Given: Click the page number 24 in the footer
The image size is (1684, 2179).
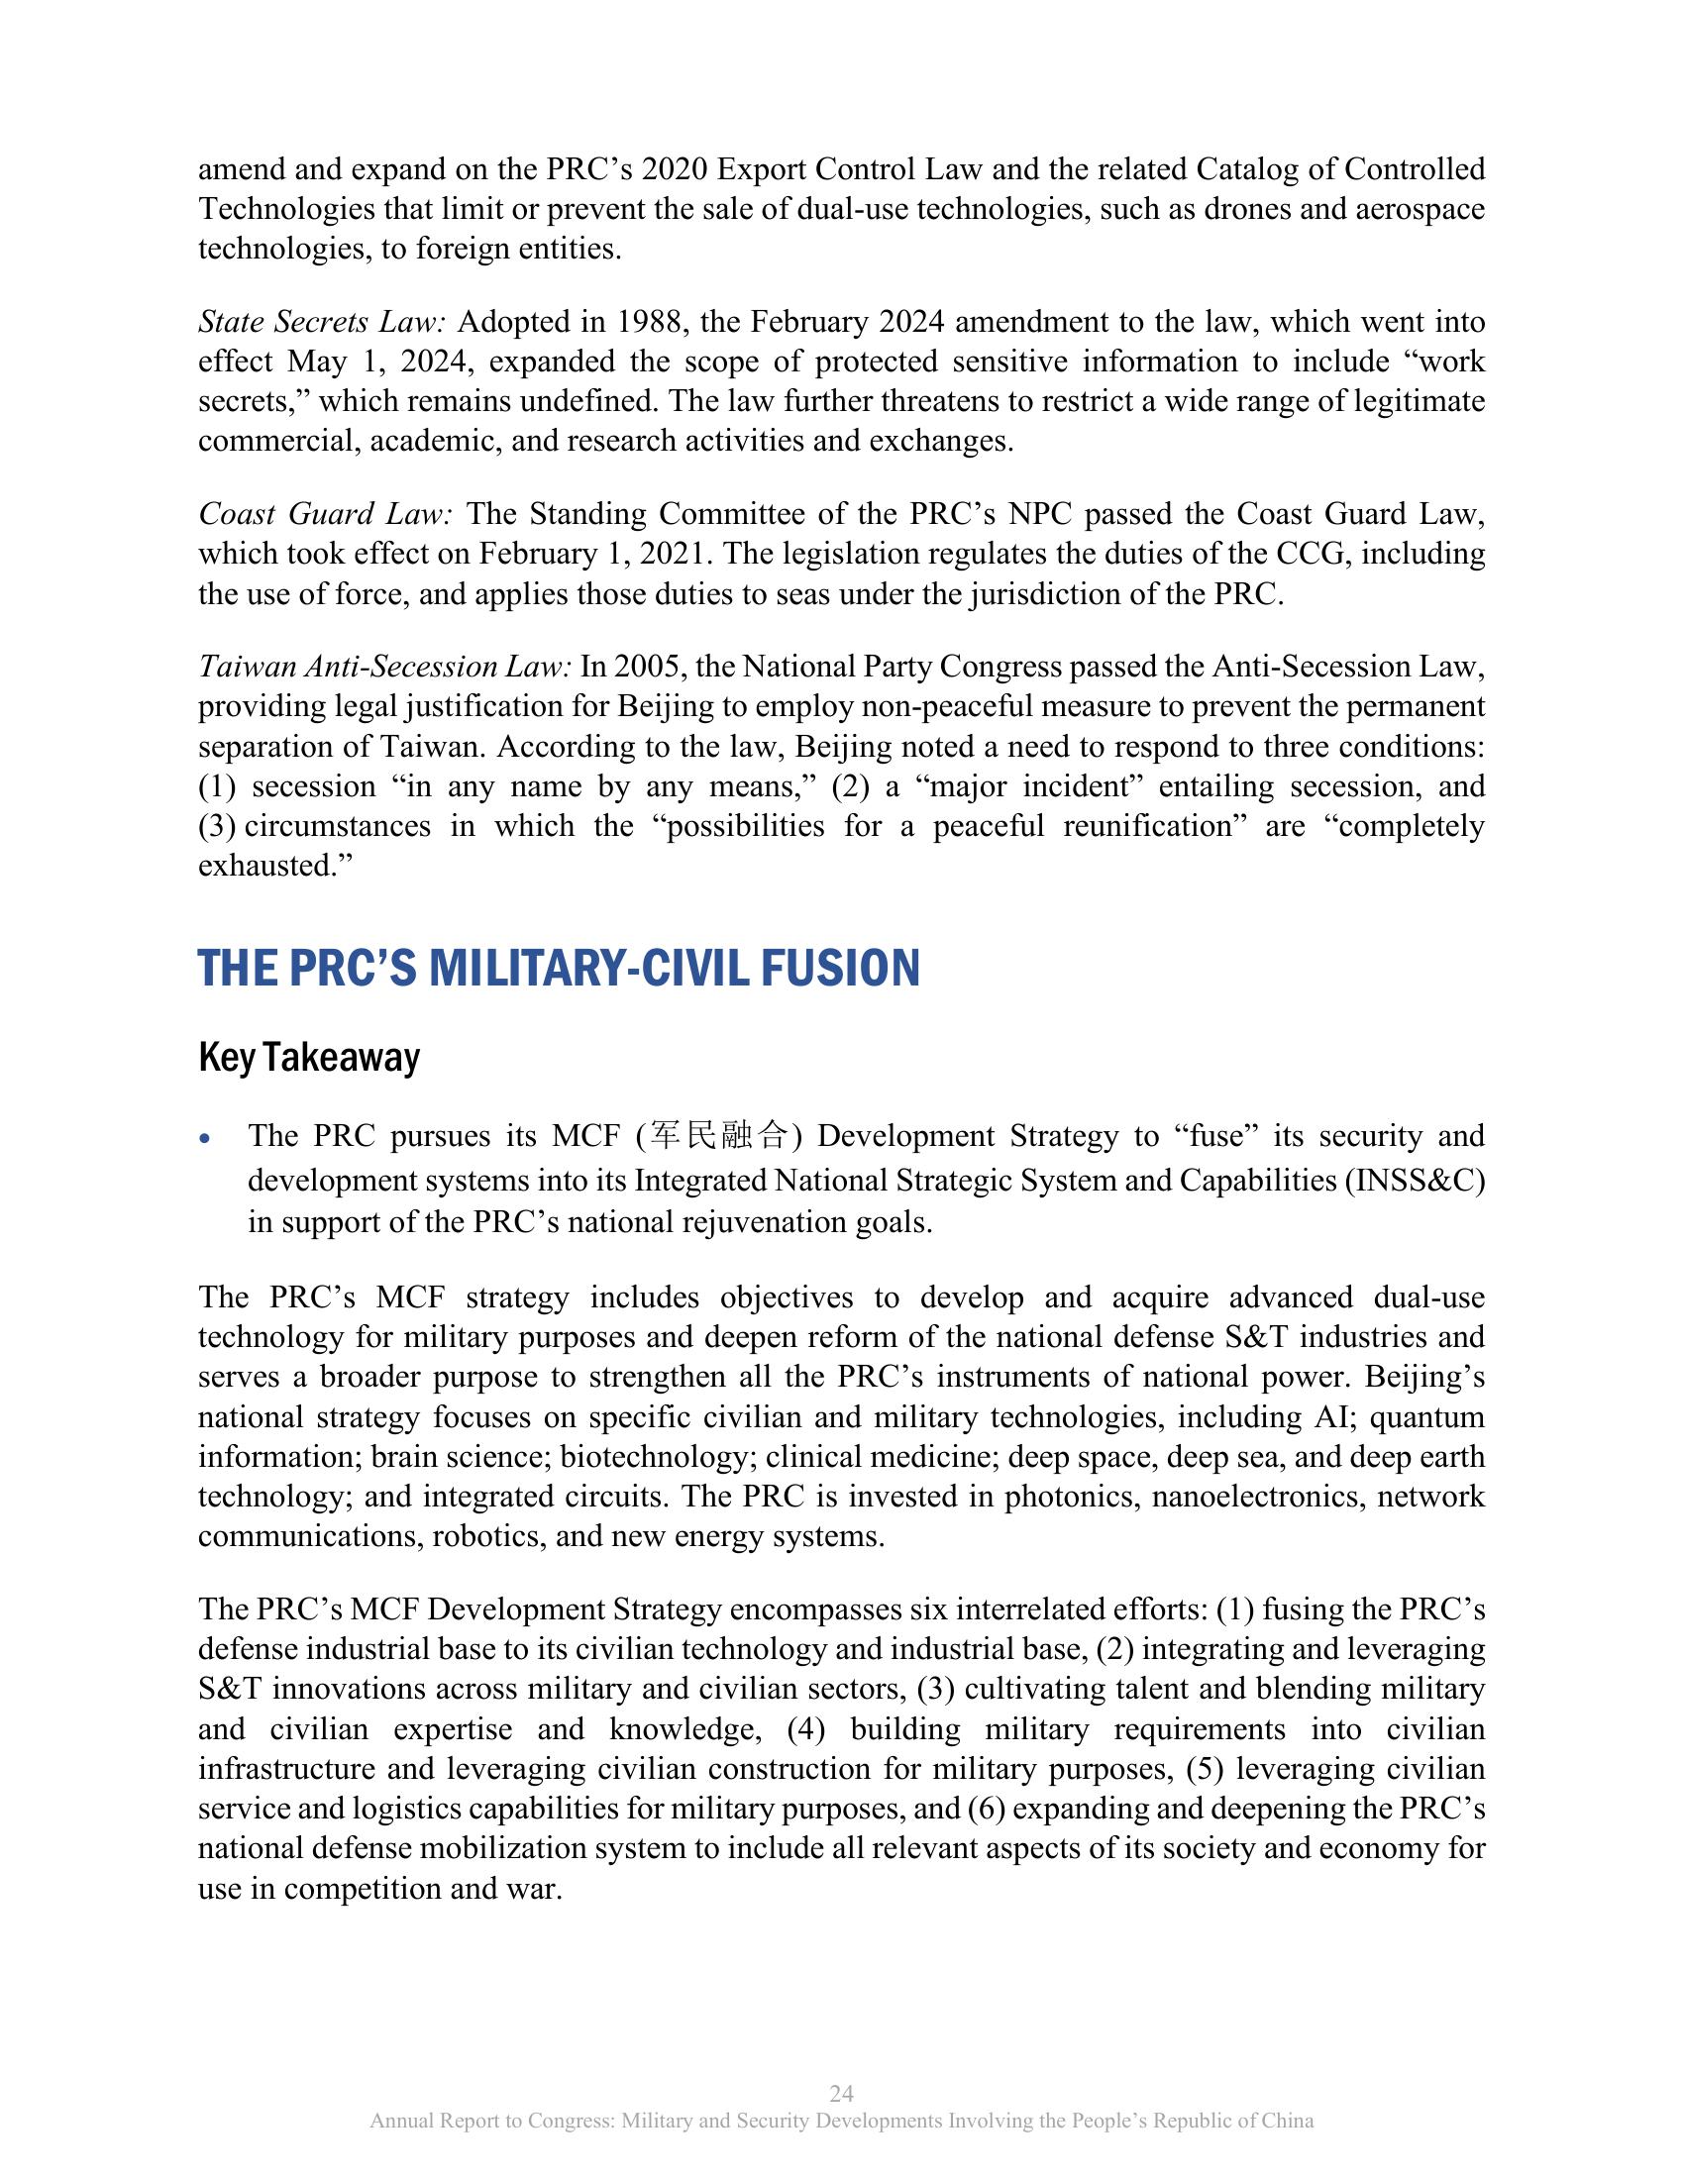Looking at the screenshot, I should point(841,2093).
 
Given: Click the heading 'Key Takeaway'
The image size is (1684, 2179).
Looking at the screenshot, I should point(309,1058).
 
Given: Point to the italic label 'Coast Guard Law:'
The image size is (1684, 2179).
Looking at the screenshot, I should point(326,514).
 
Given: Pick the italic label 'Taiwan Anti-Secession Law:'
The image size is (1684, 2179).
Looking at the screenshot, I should point(385,667).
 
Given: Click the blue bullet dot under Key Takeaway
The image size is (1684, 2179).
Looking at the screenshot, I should point(205,1137).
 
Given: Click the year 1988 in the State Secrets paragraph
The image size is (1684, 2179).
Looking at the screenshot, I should point(653,322).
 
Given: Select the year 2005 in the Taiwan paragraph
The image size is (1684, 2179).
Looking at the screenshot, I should point(650,667).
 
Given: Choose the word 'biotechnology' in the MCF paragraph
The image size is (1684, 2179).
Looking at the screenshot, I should point(654,1458).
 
